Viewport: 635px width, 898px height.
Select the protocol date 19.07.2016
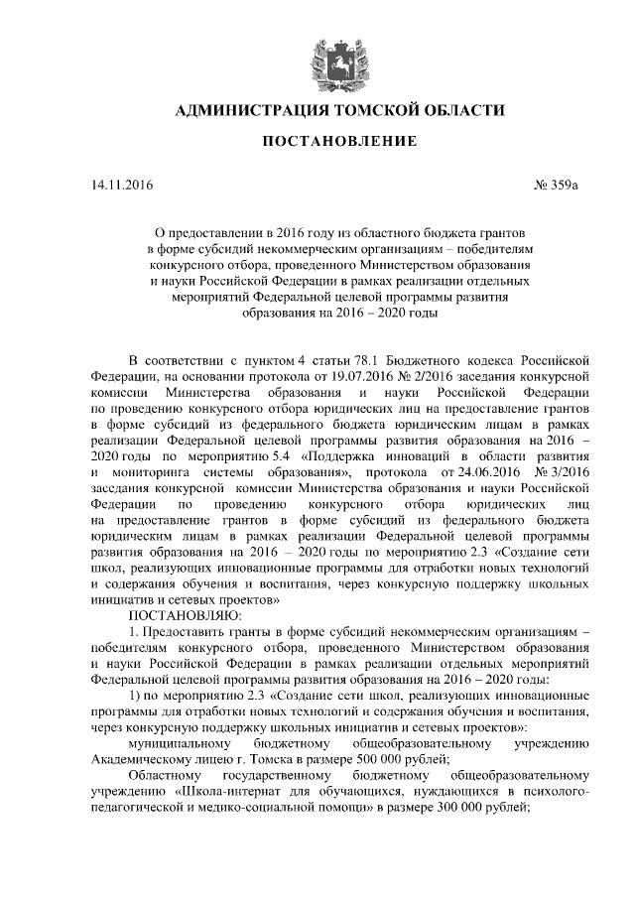coord(344,377)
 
